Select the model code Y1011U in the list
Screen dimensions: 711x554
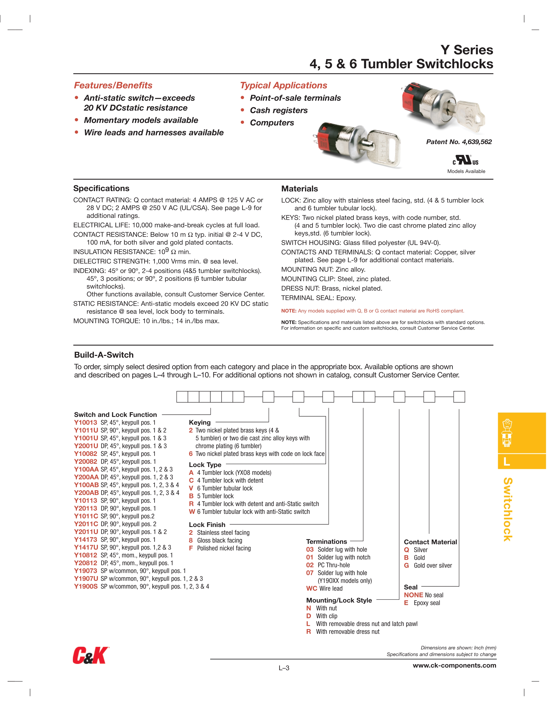click(86, 430)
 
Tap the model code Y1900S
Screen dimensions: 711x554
click(86, 587)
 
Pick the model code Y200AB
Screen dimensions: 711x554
click(86, 493)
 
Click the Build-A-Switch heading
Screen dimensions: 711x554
click(104, 355)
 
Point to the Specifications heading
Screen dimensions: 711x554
click(101, 188)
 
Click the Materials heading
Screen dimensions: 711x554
click(299, 189)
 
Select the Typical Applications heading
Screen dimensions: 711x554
click(283, 85)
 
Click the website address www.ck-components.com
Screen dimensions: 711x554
click(454, 665)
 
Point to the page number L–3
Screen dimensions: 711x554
click(284, 668)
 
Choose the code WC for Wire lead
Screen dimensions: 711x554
click(311, 589)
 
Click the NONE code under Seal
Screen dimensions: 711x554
click(413, 595)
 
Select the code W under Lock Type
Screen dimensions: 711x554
click(192, 512)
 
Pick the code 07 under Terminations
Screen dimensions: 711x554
click(310, 573)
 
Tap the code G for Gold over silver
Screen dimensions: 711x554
click(406, 565)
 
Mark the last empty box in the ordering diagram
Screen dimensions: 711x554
click(459, 397)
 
